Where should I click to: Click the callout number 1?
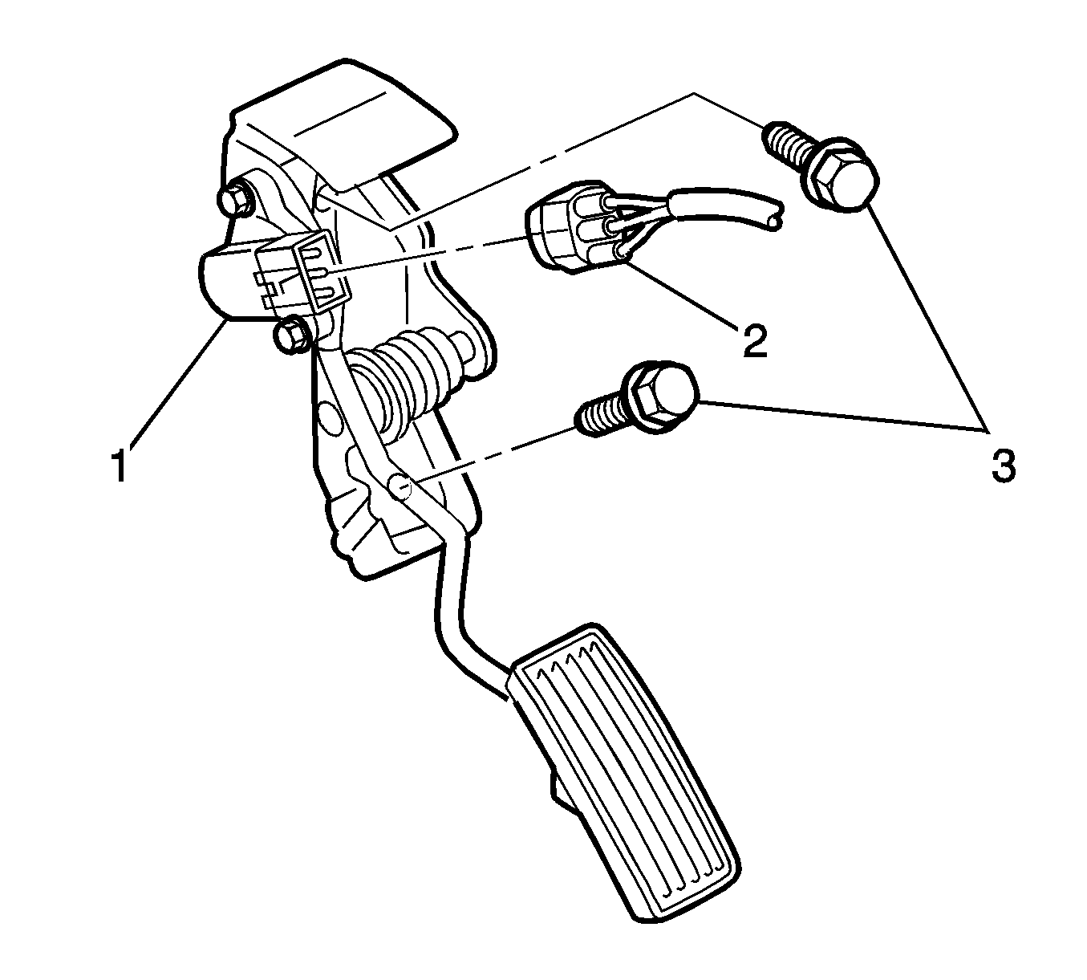[x=120, y=464]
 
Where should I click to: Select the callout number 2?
[x=754, y=341]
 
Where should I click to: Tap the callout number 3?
[x=1004, y=465]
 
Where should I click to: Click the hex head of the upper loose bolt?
[x=841, y=174]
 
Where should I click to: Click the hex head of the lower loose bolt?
[x=662, y=396]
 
